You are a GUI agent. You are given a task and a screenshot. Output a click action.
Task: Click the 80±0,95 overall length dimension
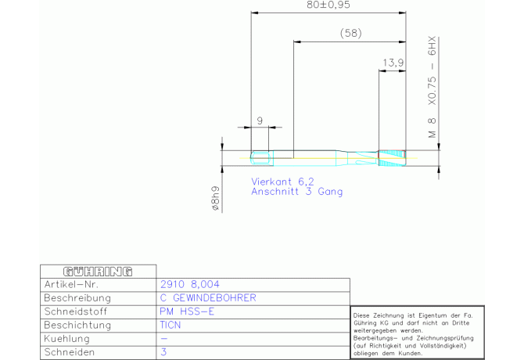pos(328,5)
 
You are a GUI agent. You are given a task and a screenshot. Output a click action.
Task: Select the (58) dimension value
pos(351,33)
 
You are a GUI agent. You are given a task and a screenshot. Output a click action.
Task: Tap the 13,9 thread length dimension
pos(393,63)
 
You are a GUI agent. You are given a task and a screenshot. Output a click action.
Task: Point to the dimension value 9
pos(260,121)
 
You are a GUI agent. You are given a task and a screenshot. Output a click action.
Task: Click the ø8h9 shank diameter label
pos(216,198)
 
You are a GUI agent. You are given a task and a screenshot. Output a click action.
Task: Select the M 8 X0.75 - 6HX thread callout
pos(432,87)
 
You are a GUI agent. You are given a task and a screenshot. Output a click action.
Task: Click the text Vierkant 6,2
pos(282,182)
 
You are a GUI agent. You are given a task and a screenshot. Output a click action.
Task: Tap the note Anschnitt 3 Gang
pos(296,192)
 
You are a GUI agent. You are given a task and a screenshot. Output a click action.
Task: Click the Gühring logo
pos(98,272)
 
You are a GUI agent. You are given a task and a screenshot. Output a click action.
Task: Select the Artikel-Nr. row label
pos(71,284)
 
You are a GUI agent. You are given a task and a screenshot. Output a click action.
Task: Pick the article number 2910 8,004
pos(190,284)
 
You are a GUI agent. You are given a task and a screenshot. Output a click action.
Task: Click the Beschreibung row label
pos(77,298)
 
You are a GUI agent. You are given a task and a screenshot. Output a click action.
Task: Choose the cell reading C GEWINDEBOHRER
pos(208,298)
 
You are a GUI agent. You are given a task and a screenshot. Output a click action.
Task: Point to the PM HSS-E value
pos(187,311)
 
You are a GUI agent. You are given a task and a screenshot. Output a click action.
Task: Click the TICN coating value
pos(170,325)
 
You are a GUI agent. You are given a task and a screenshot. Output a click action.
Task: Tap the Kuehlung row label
pos(66,339)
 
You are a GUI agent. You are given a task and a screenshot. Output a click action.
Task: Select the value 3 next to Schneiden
pos(163,352)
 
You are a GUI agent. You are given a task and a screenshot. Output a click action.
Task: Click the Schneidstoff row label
pos(76,311)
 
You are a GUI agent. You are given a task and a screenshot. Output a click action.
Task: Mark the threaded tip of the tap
pos(392,158)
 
